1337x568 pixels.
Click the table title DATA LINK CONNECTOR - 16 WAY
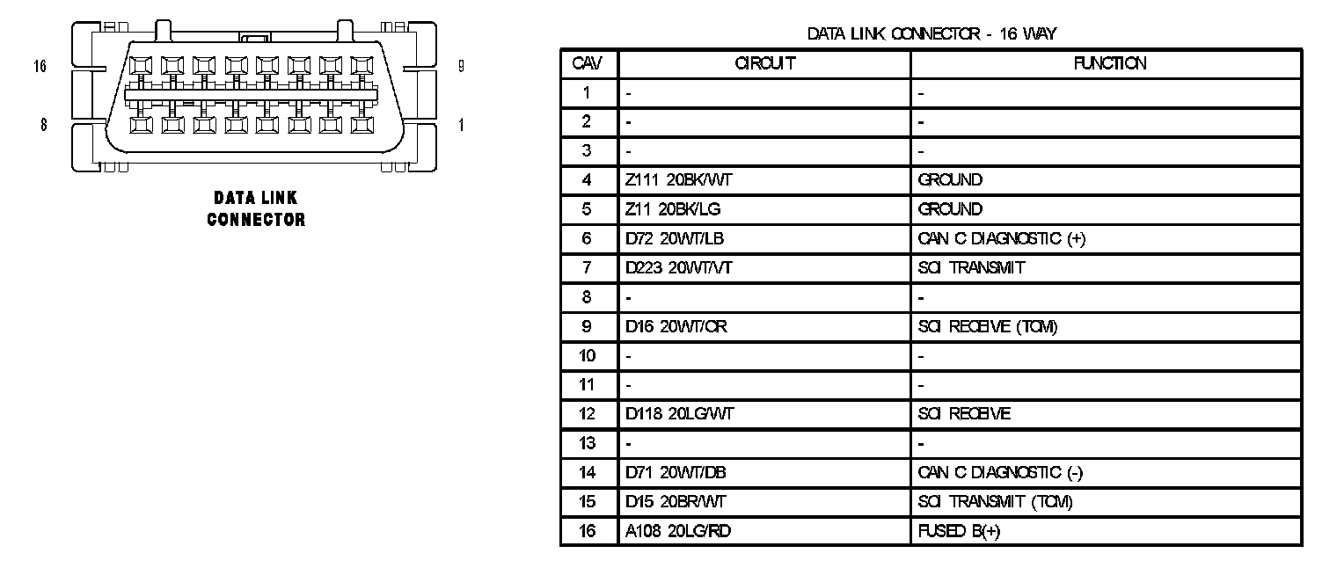click(932, 34)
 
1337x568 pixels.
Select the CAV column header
click(588, 63)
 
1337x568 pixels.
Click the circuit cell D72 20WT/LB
click(675, 238)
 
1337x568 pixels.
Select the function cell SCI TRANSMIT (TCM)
click(995, 502)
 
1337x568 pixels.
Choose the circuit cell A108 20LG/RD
click(677, 531)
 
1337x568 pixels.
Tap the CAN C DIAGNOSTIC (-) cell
click(1000, 473)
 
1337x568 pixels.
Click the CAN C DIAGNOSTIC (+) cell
click(1001, 238)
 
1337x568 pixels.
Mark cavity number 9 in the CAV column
click(588, 326)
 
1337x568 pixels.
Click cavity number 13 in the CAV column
click(588, 443)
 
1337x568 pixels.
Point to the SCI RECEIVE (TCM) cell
click(987, 326)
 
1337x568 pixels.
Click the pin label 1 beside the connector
click(461, 125)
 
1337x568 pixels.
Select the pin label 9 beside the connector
click(461, 66)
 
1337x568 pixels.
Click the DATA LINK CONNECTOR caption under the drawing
click(256, 209)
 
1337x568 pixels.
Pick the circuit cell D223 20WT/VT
click(678, 268)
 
